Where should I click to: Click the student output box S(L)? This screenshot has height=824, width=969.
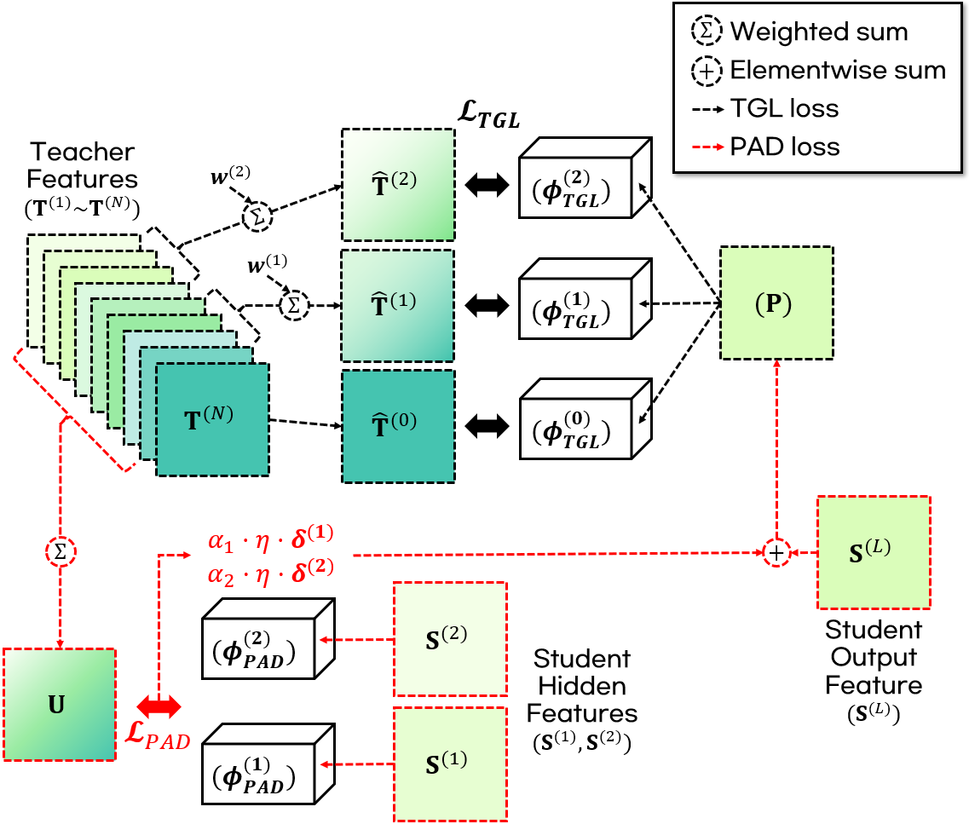coord(873,551)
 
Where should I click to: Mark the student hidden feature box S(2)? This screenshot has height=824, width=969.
coord(449,638)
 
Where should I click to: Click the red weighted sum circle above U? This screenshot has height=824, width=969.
coord(60,551)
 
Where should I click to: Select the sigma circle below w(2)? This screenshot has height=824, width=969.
coord(257,217)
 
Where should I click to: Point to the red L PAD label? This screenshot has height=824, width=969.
coord(163,735)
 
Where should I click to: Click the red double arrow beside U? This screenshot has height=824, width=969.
coord(159,705)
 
